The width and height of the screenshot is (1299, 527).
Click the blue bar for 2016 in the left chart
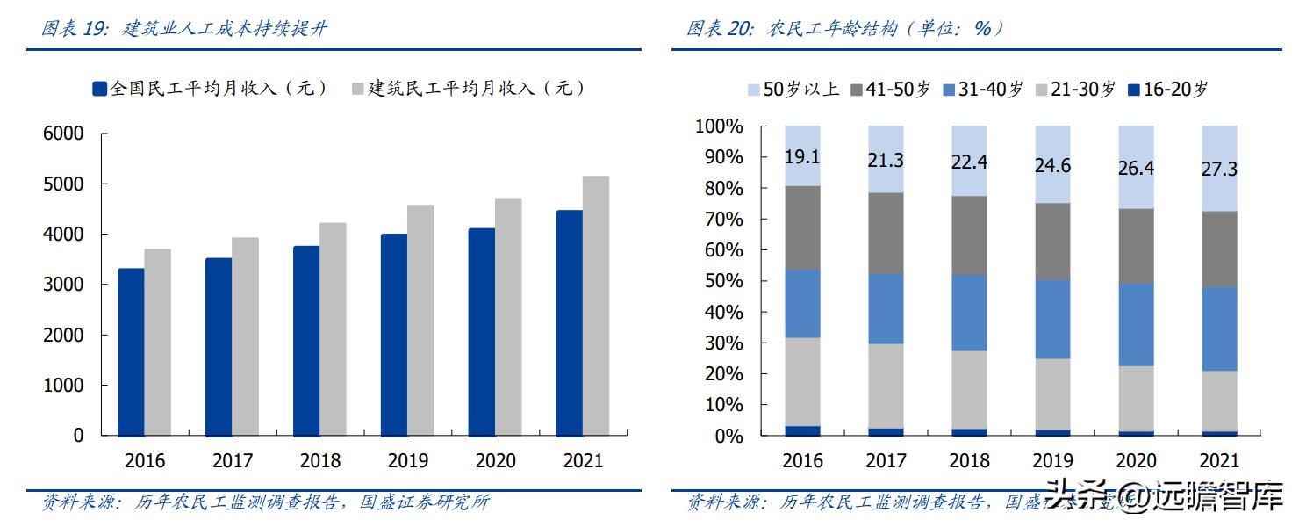131,351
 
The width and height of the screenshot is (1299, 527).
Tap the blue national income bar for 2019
394,334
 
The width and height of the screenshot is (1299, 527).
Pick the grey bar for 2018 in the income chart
333,328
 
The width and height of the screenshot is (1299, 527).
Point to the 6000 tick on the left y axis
63,134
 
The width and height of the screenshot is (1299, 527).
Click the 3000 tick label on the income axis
63,285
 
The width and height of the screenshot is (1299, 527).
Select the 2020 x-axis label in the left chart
496,460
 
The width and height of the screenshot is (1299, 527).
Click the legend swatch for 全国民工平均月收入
100,88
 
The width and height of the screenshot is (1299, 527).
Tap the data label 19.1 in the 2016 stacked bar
802,156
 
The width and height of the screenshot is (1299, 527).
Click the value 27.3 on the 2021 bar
1219,169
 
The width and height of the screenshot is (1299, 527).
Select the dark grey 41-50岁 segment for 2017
886,233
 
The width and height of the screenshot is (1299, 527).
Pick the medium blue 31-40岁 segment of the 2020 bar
1136,324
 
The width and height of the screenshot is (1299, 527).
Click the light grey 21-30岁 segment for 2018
969,389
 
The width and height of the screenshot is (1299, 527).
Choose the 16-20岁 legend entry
1167,89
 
